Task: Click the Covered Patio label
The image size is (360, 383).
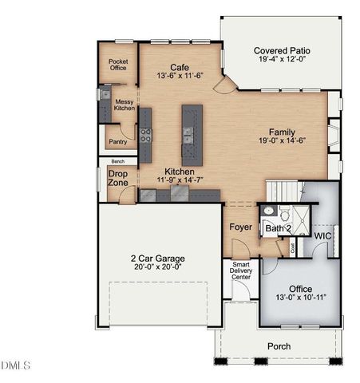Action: (x=277, y=49)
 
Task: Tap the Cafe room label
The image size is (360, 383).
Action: (x=180, y=68)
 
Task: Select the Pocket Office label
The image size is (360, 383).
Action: (x=118, y=64)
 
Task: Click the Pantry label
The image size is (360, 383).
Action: (x=117, y=142)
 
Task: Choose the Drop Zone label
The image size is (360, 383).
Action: (x=117, y=178)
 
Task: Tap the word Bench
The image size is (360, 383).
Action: (x=117, y=161)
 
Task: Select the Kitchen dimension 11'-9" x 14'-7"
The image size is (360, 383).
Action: (x=180, y=181)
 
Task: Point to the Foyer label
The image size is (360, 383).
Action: (x=241, y=227)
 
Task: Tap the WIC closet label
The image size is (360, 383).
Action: (x=323, y=237)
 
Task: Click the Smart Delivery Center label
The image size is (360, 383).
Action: (x=242, y=271)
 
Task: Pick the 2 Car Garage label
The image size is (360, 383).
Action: (x=157, y=259)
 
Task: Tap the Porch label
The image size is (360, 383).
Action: (x=279, y=346)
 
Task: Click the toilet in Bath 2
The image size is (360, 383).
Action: (x=270, y=212)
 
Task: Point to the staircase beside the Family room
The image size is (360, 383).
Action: (x=284, y=191)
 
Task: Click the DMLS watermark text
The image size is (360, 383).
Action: (x=15, y=365)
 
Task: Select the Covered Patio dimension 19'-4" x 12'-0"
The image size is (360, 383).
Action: (x=277, y=59)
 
